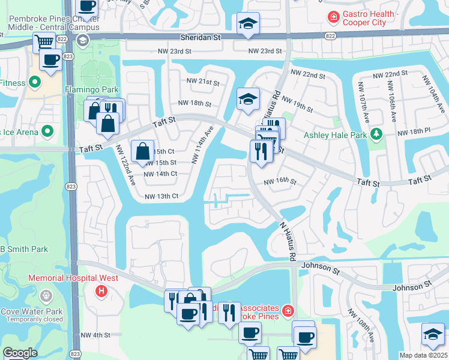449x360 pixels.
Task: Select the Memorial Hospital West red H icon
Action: click(x=102, y=290)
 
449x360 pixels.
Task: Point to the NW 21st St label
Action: click(x=203, y=81)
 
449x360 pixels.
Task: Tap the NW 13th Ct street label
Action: click(x=161, y=196)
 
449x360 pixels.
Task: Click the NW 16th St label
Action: click(x=280, y=181)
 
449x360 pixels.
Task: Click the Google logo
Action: click(x=20, y=353)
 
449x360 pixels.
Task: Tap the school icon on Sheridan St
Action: click(x=248, y=24)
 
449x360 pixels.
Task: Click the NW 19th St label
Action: click(x=297, y=104)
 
